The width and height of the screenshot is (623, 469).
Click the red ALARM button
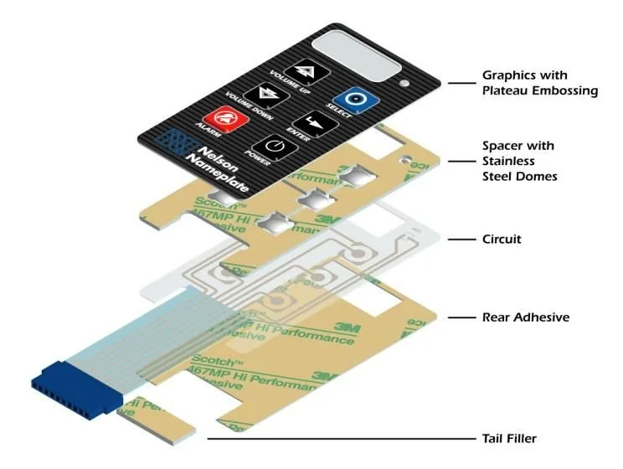click(x=222, y=120)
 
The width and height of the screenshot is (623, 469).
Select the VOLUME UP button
click(x=298, y=70)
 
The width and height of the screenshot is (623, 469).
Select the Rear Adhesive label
click(x=525, y=317)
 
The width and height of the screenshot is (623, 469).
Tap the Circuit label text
click(x=502, y=240)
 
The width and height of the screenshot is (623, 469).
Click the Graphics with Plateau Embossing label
click(x=539, y=83)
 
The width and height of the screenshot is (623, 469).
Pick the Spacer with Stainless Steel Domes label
click(x=518, y=161)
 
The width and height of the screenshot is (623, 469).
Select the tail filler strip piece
click(x=159, y=418)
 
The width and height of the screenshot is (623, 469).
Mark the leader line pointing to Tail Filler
click(x=335, y=438)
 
